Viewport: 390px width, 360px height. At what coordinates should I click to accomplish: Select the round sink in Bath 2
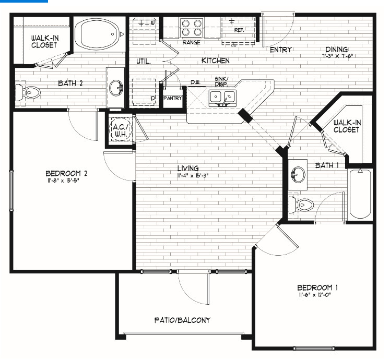click(x=116, y=87)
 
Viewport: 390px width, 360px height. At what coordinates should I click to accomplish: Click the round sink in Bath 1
click(x=299, y=174)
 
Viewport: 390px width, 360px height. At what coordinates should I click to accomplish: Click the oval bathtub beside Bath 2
click(x=97, y=34)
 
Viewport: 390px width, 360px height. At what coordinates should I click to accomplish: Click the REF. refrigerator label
click(x=240, y=30)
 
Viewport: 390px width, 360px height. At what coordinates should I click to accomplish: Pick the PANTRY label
click(x=172, y=98)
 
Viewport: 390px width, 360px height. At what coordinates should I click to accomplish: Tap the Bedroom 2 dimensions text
click(x=66, y=181)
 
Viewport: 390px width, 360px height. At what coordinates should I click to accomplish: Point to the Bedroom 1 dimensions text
click(x=315, y=295)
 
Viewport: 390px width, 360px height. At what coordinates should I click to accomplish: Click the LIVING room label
click(x=187, y=168)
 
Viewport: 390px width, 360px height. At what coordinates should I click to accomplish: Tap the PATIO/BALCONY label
click(x=182, y=320)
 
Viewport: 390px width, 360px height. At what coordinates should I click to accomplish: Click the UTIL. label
click(x=143, y=61)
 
